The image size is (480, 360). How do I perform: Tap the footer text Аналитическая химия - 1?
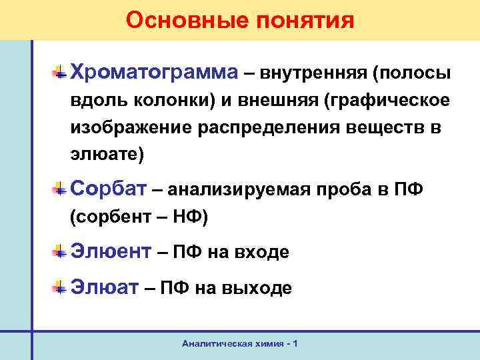[240, 343]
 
